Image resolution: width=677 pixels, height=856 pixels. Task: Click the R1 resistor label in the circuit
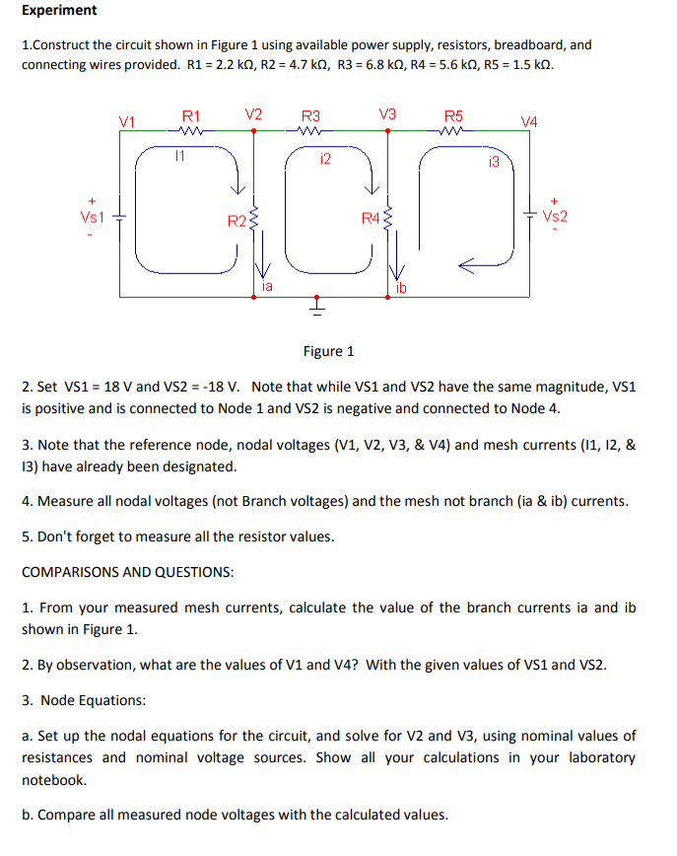coord(190,114)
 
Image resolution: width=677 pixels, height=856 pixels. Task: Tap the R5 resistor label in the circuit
coord(453,114)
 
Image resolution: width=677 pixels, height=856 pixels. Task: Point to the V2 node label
coord(253,113)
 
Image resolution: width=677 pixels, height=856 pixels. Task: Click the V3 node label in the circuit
coord(387,113)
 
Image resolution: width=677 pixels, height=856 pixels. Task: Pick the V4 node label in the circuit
coord(530,121)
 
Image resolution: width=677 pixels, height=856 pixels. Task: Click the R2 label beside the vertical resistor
coord(236,219)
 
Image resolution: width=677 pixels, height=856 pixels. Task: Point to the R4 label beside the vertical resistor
coord(370,217)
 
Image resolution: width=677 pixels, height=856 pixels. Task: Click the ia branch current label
coord(267,286)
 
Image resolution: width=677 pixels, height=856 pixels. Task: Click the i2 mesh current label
coord(325,158)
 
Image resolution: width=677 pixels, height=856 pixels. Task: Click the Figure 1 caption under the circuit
coord(329,351)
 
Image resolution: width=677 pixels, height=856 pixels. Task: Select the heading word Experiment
coord(59,11)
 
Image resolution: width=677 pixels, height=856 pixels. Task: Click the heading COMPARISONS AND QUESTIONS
coord(128,572)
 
